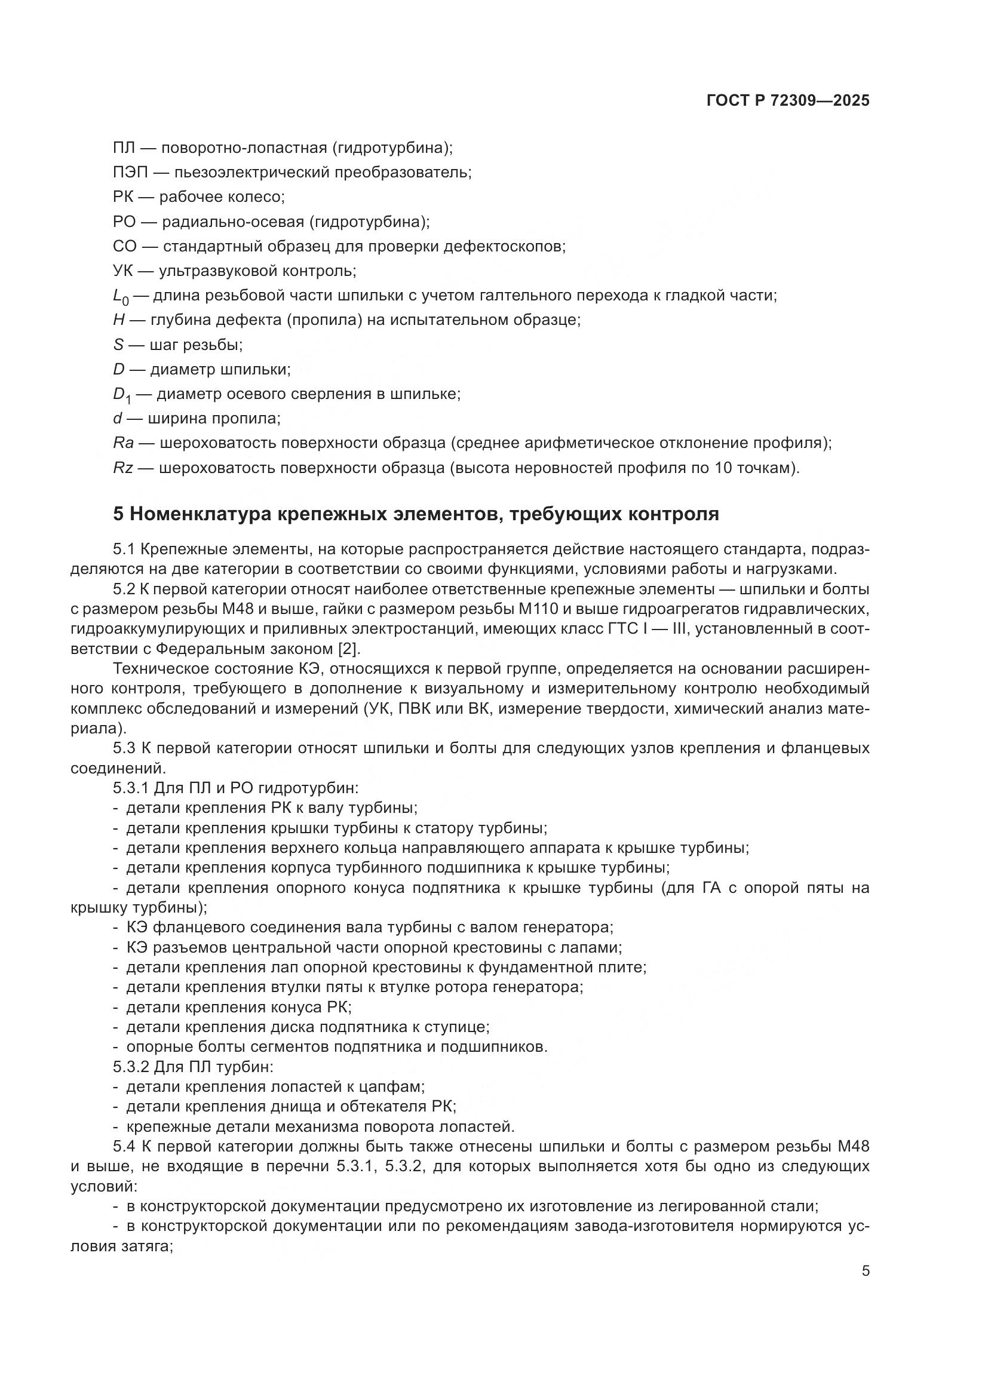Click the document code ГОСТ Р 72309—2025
point(788,101)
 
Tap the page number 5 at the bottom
point(866,1271)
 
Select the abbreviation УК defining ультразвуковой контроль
point(123,271)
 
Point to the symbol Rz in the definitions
point(123,468)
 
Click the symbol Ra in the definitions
point(123,443)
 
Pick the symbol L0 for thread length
point(121,297)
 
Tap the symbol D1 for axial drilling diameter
point(122,395)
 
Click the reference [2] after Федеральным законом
point(349,649)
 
